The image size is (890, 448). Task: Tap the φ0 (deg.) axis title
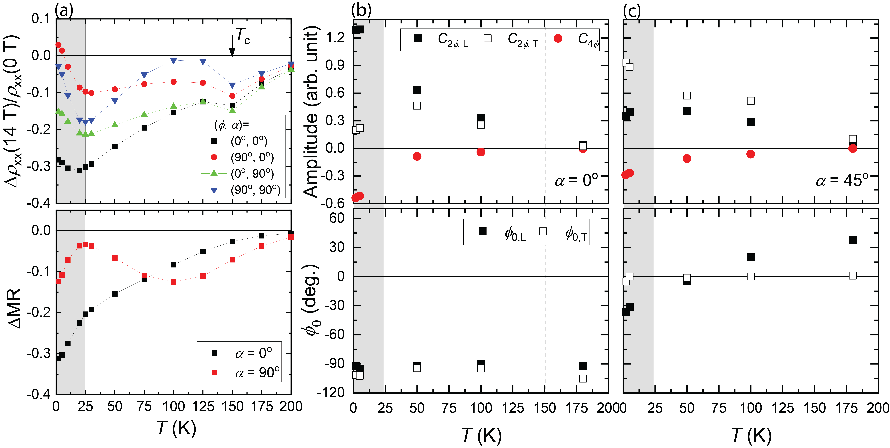(x=313, y=301)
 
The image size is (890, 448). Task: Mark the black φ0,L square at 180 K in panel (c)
(x=852, y=240)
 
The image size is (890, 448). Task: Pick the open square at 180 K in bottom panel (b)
(x=583, y=379)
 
